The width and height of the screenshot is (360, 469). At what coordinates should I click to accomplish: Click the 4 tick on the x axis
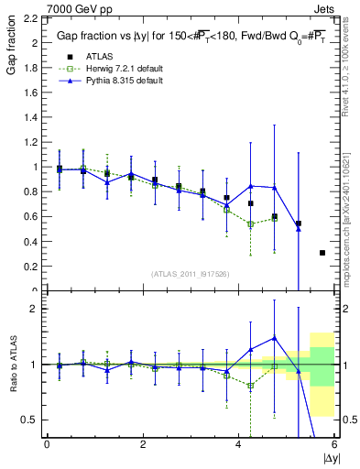pos(239,444)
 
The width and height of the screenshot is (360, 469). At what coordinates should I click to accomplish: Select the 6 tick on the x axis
pos(334,444)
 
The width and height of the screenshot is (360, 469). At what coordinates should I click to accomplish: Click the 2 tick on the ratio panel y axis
pos(34,309)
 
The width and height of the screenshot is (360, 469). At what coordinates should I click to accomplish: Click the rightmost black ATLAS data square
pos(322,253)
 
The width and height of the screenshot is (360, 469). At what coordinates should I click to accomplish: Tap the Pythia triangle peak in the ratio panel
pos(274,337)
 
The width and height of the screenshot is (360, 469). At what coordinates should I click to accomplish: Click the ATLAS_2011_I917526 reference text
pos(189,274)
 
